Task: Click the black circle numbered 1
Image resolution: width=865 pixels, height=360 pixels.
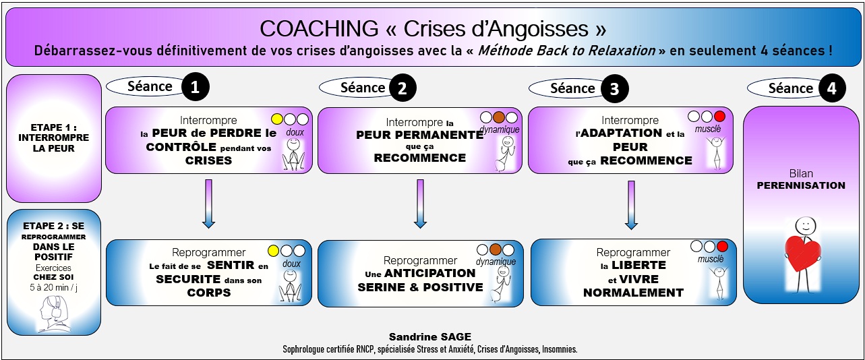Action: (x=195, y=87)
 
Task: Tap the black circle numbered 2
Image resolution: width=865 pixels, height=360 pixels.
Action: (x=402, y=88)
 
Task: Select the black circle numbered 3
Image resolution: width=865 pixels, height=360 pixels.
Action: (x=614, y=88)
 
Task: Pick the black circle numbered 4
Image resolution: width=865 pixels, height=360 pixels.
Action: (x=832, y=88)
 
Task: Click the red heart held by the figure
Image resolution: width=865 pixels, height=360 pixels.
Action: (x=802, y=253)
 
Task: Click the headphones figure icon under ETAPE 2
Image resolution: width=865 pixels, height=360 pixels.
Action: (x=53, y=312)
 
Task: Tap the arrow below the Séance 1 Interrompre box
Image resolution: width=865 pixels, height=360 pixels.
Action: (x=208, y=204)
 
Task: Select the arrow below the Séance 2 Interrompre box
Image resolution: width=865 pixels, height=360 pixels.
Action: (x=420, y=204)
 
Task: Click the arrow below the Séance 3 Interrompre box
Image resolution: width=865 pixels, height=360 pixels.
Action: (x=632, y=204)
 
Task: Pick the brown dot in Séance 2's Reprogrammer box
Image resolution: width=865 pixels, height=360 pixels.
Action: (x=499, y=250)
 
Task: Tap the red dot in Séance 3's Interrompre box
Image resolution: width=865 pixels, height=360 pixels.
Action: (x=719, y=117)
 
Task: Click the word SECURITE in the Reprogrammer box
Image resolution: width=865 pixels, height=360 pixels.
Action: (x=188, y=279)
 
